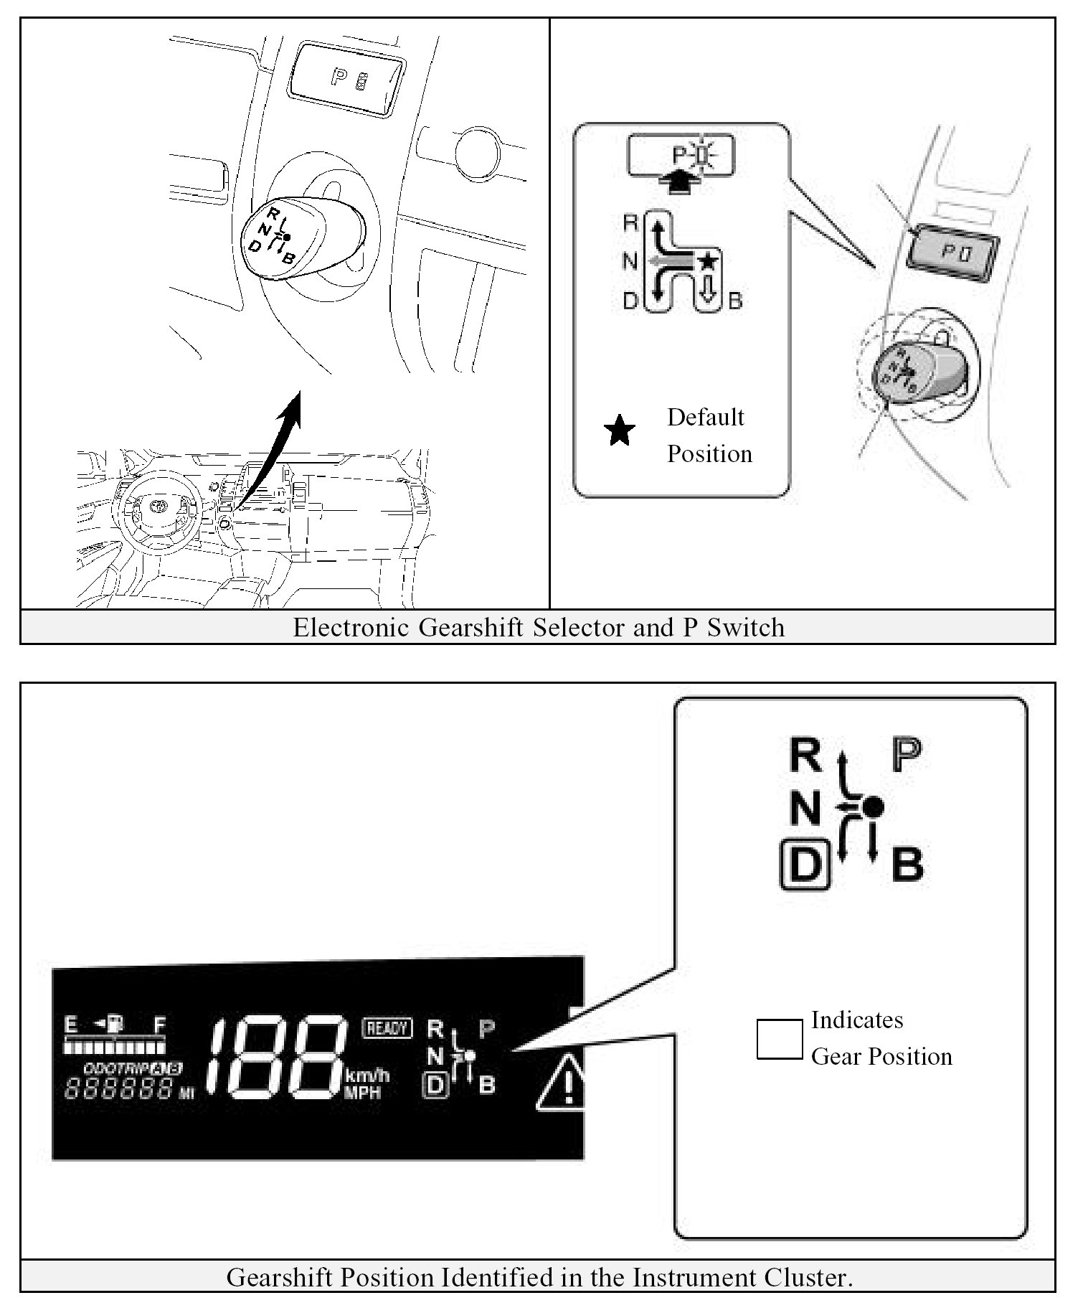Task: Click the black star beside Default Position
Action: click(x=620, y=431)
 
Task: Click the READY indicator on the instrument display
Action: click(x=387, y=1028)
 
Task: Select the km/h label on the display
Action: click(x=368, y=1076)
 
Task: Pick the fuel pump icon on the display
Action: click(x=113, y=1023)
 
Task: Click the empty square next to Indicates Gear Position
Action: click(x=780, y=1039)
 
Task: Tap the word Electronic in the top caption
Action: click(x=351, y=627)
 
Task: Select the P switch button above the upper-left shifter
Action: click(x=347, y=78)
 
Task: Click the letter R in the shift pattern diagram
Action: click(x=630, y=223)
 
